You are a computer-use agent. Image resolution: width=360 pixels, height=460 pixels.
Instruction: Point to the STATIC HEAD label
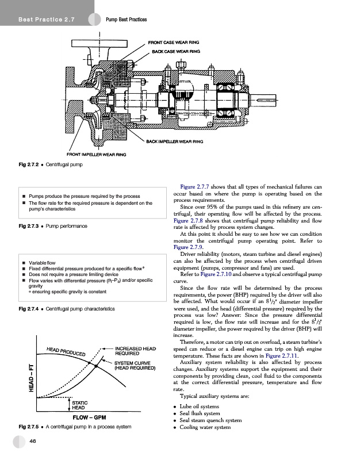81,404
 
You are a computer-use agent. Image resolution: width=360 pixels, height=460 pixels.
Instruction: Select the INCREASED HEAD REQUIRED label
136,352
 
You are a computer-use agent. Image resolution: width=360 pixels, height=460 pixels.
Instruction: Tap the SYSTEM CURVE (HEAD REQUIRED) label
136,366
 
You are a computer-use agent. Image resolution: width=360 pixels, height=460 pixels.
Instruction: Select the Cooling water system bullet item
208,428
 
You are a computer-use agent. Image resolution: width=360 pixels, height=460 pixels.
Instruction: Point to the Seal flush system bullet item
204,414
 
